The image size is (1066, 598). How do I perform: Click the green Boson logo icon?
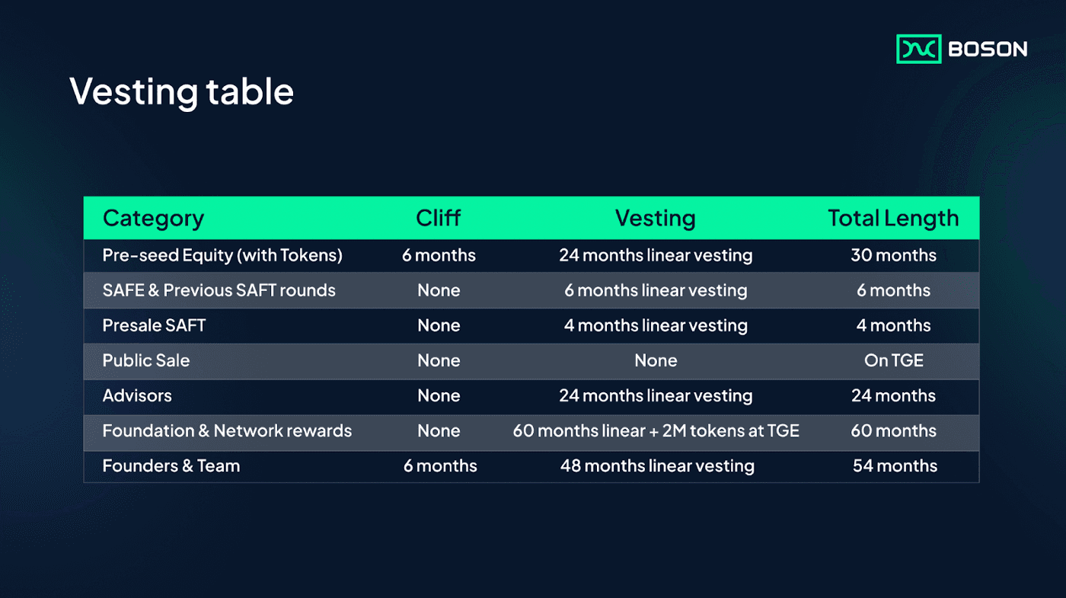918,49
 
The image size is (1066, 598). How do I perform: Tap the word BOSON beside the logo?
988,49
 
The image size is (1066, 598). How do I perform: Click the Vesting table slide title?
181,92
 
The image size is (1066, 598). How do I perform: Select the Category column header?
153,219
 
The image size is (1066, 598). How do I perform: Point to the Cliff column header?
439,218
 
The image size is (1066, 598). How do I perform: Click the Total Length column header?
893,219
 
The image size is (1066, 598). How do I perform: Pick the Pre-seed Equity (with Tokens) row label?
222,256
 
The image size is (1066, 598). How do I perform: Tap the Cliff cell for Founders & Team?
440,465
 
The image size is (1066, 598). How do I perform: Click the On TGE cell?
894,360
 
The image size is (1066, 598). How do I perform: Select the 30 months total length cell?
894,255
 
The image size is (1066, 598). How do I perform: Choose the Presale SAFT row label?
154,326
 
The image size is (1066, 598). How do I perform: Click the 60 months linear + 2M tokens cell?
656,431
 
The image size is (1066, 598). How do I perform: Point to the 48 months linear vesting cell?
657,466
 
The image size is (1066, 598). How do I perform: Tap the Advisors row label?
137,395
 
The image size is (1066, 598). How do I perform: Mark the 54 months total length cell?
895,465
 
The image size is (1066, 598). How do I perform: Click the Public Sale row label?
146,360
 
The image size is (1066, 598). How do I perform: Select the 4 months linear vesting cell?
656,326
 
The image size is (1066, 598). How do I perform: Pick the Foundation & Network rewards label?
227,431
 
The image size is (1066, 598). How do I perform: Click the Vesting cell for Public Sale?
656,360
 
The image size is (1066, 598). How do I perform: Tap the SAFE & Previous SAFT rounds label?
219,290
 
